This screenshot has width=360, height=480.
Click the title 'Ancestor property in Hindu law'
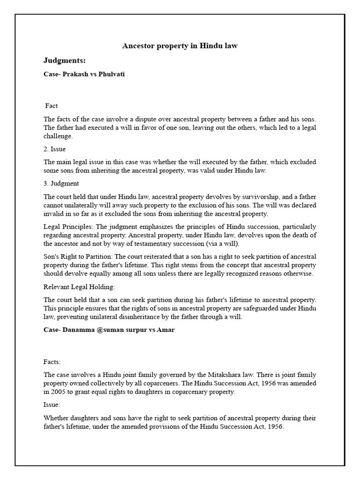(x=180, y=45)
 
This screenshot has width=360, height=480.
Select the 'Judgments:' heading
(x=64, y=60)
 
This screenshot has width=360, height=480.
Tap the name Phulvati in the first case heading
(x=111, y=74)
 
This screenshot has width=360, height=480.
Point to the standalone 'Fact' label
(x=52, y=106)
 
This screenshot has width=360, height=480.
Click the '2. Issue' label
(x=54, y=149)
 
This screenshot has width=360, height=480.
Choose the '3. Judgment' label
(x=61, y=183)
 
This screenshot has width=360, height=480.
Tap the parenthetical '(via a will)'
(x=223, y=243)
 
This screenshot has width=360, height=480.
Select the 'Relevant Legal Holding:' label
(x=79, y=286)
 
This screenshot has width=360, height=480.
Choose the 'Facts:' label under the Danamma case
(x=52, y=361)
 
